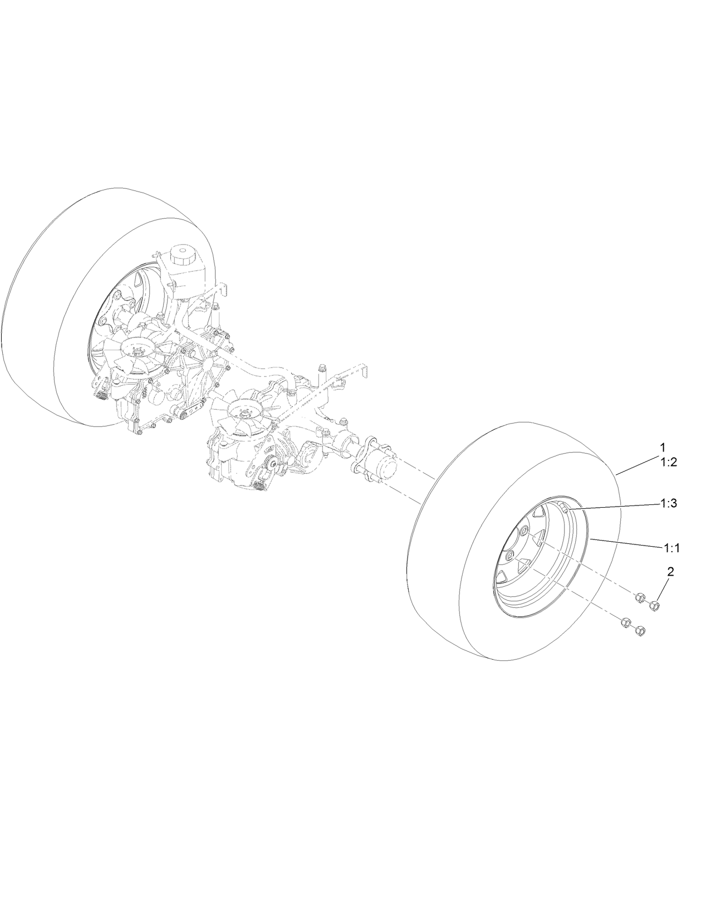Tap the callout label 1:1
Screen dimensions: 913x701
pyautogui.click(x=671, y=548)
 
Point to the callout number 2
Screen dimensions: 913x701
pyautogui.click(x=670, y=571)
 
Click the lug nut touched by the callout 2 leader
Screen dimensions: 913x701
pyautogui.click(x=655, y=605)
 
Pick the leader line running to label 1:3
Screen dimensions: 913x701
pyautogui.click(x=612, y=506)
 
